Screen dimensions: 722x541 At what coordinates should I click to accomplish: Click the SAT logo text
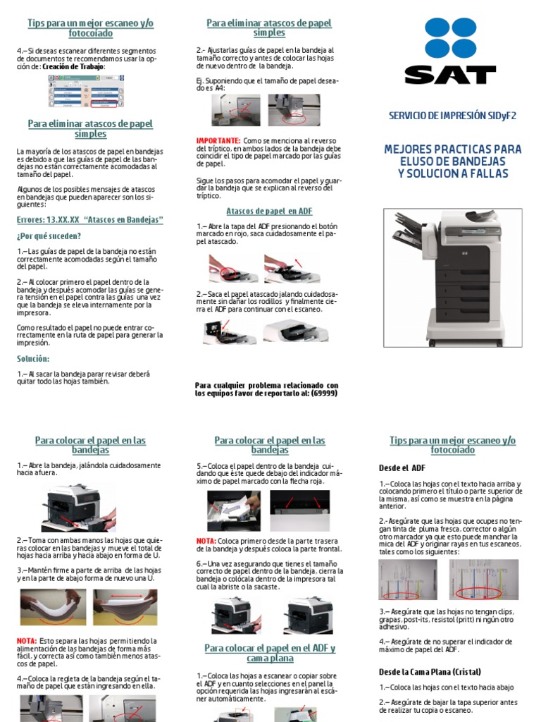coord(451,75)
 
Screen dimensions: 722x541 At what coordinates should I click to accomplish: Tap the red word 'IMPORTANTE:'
coord(218,141)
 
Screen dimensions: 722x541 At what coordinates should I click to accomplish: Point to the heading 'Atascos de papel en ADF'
coord(269,211)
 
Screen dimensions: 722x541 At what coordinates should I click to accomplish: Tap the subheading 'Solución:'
coord(33,359)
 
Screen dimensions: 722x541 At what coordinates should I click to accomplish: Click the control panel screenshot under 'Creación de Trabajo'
coord(82,91)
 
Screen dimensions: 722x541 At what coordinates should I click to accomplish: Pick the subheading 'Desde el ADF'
coord(402,467)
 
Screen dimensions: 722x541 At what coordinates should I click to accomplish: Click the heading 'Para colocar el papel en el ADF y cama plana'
coord(270,653)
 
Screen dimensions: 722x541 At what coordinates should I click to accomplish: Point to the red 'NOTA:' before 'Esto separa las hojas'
coord(27,640)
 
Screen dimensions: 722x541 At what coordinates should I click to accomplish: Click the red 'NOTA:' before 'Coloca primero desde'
coord(206,541)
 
